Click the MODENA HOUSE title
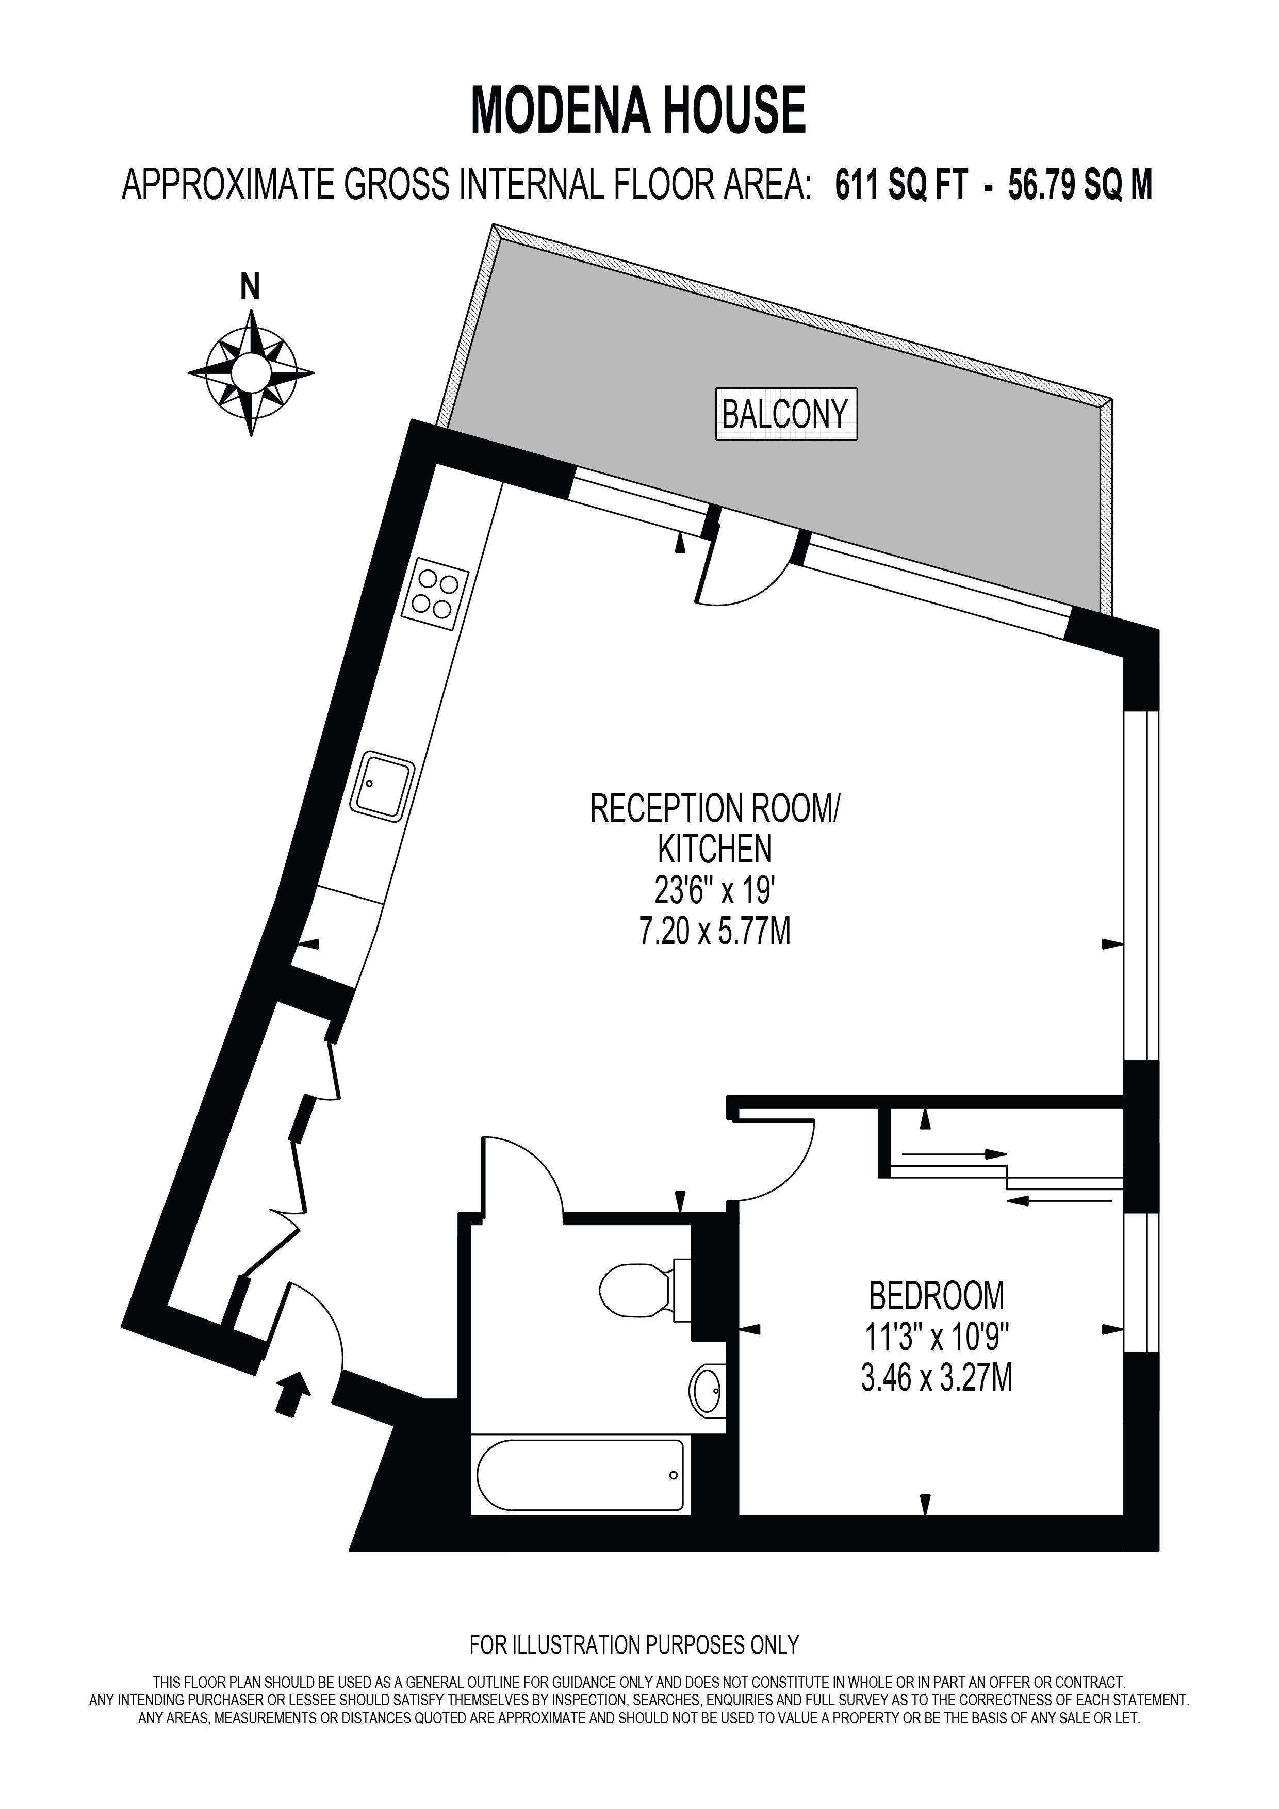(x=638, y=110)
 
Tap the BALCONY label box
(x=786, y=414)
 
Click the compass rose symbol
(x=251, y=372)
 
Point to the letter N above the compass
(x=251, y=287)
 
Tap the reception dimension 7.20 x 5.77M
(x=715, y=932)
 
